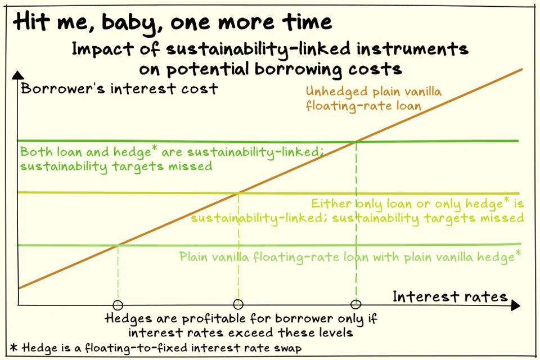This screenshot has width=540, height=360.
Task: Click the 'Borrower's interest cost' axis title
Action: [119, 88]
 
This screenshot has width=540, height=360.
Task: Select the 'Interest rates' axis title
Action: [449, 296]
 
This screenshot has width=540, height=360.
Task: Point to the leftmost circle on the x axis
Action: [118, 305]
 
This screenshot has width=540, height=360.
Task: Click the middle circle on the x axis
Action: [238, 304]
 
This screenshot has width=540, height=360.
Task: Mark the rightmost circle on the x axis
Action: [355, 304]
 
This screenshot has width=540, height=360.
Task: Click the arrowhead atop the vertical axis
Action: [19, 75]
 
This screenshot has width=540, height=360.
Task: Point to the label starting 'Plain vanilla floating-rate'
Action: [349, 257]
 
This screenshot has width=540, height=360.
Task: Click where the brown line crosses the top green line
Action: [356, 140]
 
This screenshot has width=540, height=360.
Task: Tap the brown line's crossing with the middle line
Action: [239, 193]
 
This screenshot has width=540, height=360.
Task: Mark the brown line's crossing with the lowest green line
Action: [118, 246]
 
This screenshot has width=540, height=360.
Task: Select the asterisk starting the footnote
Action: [14, 348]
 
